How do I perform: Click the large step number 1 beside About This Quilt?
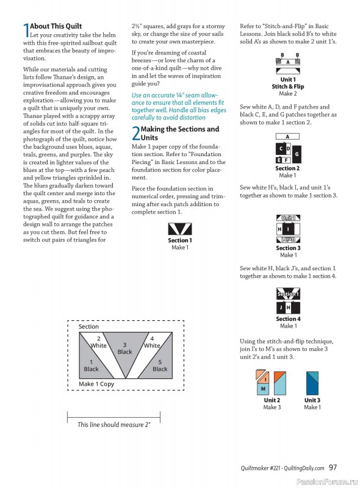26,31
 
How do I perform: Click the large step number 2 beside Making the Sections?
136,133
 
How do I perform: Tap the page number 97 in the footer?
333,467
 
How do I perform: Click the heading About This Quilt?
56,26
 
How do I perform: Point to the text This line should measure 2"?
114,425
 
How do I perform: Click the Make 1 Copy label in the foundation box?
96,384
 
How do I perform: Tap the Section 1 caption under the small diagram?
180,240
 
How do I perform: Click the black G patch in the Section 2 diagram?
297,154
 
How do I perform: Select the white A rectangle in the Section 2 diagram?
287,136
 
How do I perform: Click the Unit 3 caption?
312,400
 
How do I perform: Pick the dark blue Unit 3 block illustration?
312,383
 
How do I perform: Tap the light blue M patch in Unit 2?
262,389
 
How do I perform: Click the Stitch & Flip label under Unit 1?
288,87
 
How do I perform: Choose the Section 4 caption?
288,318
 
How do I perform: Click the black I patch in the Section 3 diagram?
289,229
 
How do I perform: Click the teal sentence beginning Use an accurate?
179,106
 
